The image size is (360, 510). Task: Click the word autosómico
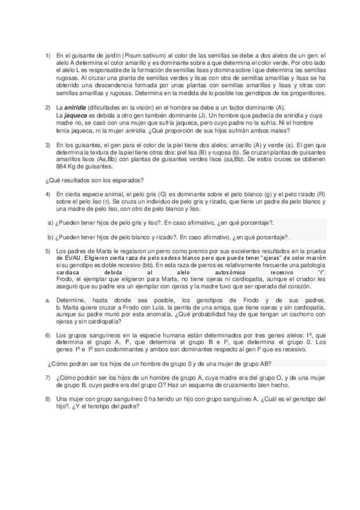217,271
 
